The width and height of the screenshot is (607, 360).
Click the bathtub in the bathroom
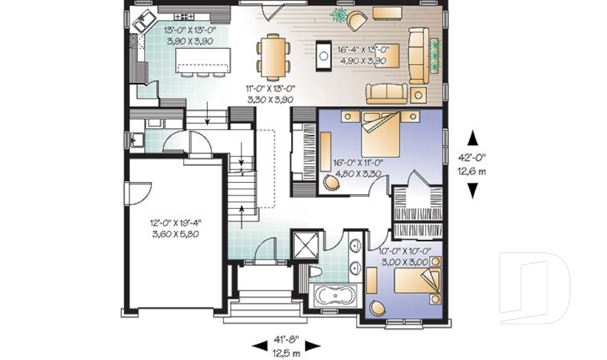(x=335, y=296)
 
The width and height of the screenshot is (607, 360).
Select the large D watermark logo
(x=534, y=292)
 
